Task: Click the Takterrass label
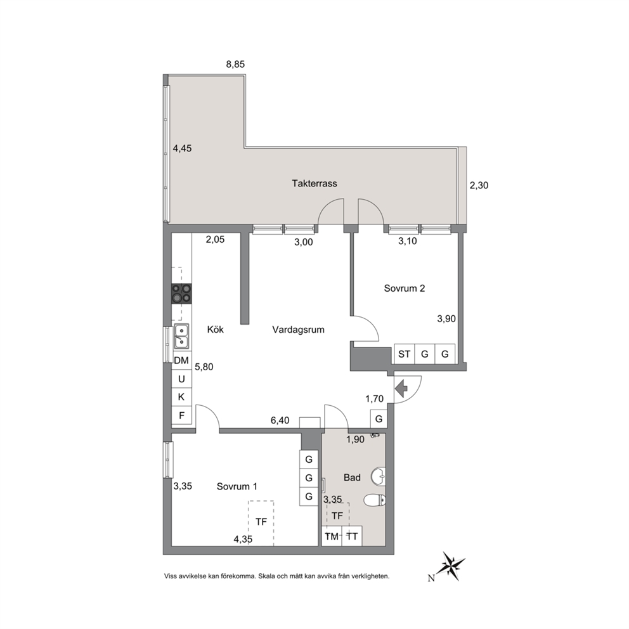(x=314, y=184)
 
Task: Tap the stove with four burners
(x=182, y=293)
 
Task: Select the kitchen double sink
(x=182, y=336)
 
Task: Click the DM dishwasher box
(x=181, y=361)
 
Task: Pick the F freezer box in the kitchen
(x=181, y=415)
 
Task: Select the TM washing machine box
(x=332, y=536)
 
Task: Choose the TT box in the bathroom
(x=352, y=536)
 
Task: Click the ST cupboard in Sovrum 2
(x=405, y=354)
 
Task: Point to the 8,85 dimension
(x=235, y=64)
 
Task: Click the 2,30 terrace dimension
(x=479, y=185)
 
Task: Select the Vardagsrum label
(x=298, y=330)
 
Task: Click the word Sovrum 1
(x=237, y=486)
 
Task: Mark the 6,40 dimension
(x=280, y=420)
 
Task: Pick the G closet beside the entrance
(x=379, y=419)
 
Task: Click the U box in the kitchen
(x=181, y=379)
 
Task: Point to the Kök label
(x=216, y=330)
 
